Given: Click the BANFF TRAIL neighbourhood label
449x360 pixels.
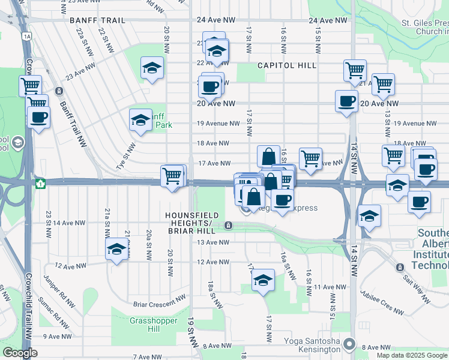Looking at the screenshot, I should click(97, 20).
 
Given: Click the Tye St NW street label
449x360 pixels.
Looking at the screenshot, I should click(130, 154).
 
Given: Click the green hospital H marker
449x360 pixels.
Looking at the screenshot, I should click(40, 183).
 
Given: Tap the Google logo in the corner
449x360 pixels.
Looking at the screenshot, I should click(20, 353).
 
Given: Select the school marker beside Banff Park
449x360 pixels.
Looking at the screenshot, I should click(140, 120).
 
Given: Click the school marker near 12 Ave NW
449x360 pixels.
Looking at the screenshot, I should click(116, 250).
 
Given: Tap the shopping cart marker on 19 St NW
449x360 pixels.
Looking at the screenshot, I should click(172, 176).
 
